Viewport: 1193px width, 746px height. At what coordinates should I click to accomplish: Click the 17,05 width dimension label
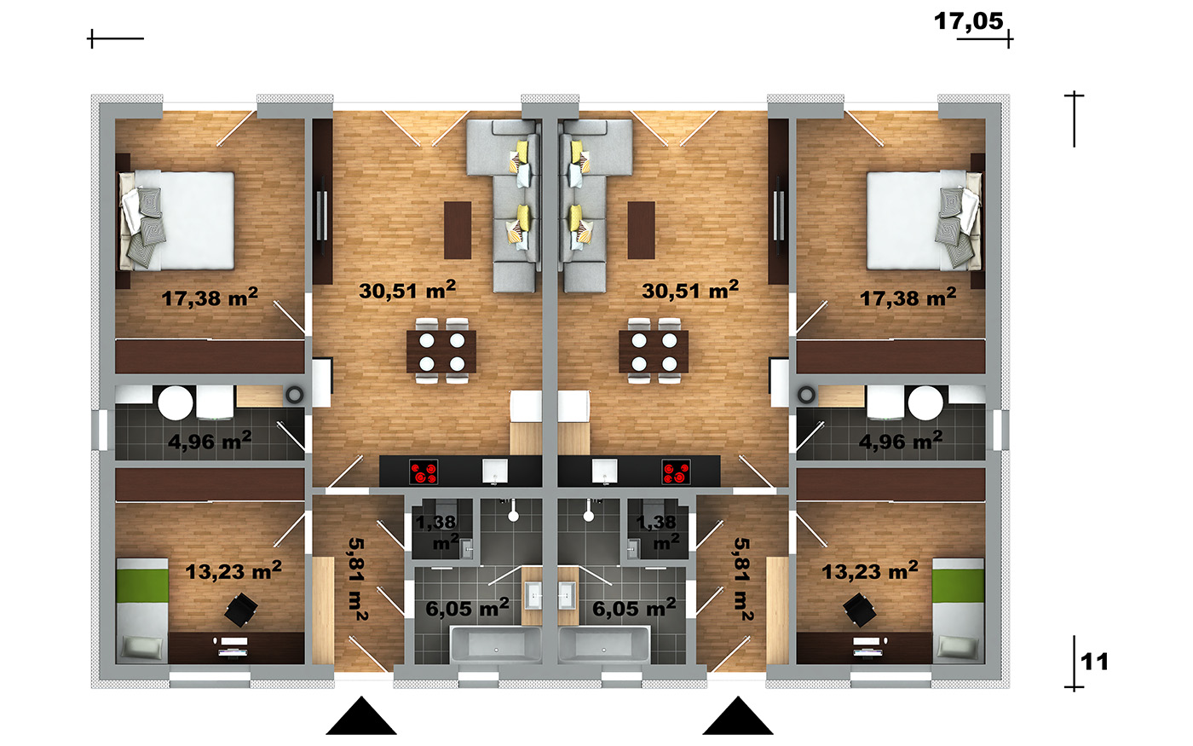(x=968, y=21)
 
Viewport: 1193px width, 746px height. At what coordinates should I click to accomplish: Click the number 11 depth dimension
(x=1094, y=662)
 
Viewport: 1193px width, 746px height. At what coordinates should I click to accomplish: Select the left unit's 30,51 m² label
(x=407, y=290)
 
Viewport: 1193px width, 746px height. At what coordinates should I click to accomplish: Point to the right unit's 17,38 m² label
(x=908, y=297)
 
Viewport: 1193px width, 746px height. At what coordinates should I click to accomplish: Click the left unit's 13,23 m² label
(x=233, y=570)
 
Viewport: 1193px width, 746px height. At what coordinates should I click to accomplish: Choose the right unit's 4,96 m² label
(x=901, y=441)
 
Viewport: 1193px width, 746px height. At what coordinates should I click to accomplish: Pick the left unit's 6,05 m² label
(x=467, y=608)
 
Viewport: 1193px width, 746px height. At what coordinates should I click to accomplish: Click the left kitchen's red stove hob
(x=424, y=472)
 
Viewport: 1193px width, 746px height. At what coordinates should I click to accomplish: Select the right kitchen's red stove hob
(x=676, y=472)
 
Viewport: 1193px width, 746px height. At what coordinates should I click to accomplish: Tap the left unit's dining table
(x=441, y=351)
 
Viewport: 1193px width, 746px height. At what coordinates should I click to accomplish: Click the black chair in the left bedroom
(x=240, y=610)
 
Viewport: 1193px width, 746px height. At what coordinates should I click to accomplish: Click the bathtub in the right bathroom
(x=604, y=645)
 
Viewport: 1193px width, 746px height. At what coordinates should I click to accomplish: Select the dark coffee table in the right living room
(x=641, y=230)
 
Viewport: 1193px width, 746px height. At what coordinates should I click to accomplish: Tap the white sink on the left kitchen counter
(x=495, y=471)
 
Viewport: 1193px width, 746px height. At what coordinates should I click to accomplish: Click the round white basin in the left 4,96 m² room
(x=176, y=402)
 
